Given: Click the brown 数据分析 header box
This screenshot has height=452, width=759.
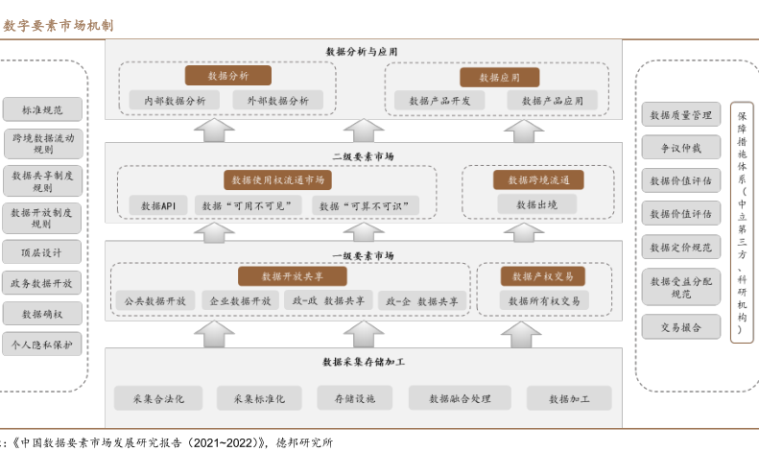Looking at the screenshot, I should coord(227,76).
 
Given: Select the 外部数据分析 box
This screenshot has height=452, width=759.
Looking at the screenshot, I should coord(277,100).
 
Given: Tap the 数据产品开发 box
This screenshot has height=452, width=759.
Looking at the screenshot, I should coord(440,100).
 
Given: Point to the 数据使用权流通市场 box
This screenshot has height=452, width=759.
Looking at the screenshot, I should coord(278,180).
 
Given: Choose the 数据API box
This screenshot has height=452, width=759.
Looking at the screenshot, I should coord(157,205).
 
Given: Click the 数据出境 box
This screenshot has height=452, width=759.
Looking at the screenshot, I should coord(536,203).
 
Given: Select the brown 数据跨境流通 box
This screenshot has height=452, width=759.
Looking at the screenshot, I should coord(538,180).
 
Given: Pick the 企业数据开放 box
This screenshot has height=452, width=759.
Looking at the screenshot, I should coord(240,301).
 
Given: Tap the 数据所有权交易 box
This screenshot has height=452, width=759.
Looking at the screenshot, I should coord(543,301).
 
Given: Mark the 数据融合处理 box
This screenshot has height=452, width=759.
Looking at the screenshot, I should coord(460,397).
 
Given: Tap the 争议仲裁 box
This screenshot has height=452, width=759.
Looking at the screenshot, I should coord(680,149).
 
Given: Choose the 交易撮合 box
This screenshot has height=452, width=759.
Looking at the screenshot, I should coord(680,327).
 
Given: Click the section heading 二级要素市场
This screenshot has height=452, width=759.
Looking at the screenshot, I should coord(362,155).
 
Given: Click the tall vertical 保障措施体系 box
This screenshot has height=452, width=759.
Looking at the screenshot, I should coord(742,222).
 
